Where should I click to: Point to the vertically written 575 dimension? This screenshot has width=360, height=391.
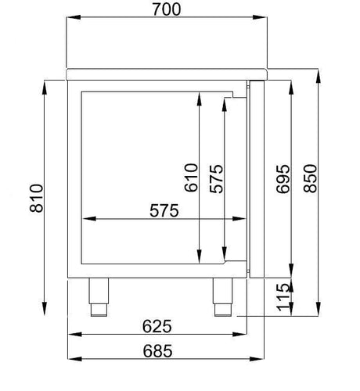pos(217,178)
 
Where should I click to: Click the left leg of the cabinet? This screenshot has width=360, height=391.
pos(99,297)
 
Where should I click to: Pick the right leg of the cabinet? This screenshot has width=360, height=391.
pos(225,297)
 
